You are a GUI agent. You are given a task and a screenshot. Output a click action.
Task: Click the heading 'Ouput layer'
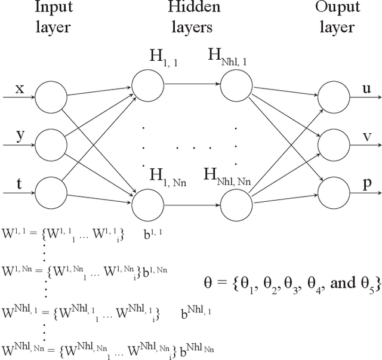338,17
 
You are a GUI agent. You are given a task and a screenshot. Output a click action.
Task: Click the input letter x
20,88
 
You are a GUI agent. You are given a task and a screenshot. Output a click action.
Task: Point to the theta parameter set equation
289,281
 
